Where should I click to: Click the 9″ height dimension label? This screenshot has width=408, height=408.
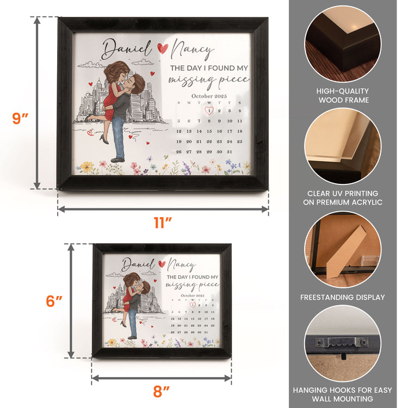[x=20, y=119]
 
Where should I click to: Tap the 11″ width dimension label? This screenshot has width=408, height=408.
[x=163, y=222]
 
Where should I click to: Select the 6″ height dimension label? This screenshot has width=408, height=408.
[x=54, y=301]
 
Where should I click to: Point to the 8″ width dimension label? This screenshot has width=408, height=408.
[x=162, y=391]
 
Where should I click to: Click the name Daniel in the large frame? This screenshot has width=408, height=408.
[x=127, y=49]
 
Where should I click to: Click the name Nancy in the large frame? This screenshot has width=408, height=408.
[x=192, y=50]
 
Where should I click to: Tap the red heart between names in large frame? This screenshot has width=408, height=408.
[x=163, y=48]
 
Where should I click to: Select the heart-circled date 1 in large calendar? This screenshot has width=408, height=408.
[x=209, y=110]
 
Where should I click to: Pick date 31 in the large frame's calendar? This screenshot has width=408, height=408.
[x=229, y=152]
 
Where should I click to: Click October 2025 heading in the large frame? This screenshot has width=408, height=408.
[x=209, y=96]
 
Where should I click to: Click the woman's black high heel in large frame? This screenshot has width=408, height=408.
[x=104, y=139]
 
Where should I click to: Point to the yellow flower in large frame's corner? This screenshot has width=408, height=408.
[x=87, y=167]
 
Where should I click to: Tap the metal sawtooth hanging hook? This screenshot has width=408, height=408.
[x=342, y=342]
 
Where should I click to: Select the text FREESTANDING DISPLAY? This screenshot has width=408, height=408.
[x=342, y=297]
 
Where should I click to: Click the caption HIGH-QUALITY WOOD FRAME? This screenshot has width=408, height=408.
[x=343, y=96]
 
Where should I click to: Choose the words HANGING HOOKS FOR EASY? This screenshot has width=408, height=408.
[x=342, y=390]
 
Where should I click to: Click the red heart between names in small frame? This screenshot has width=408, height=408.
[x=162, y=264]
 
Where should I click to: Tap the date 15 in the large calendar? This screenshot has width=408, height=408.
[x=209, y=131]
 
